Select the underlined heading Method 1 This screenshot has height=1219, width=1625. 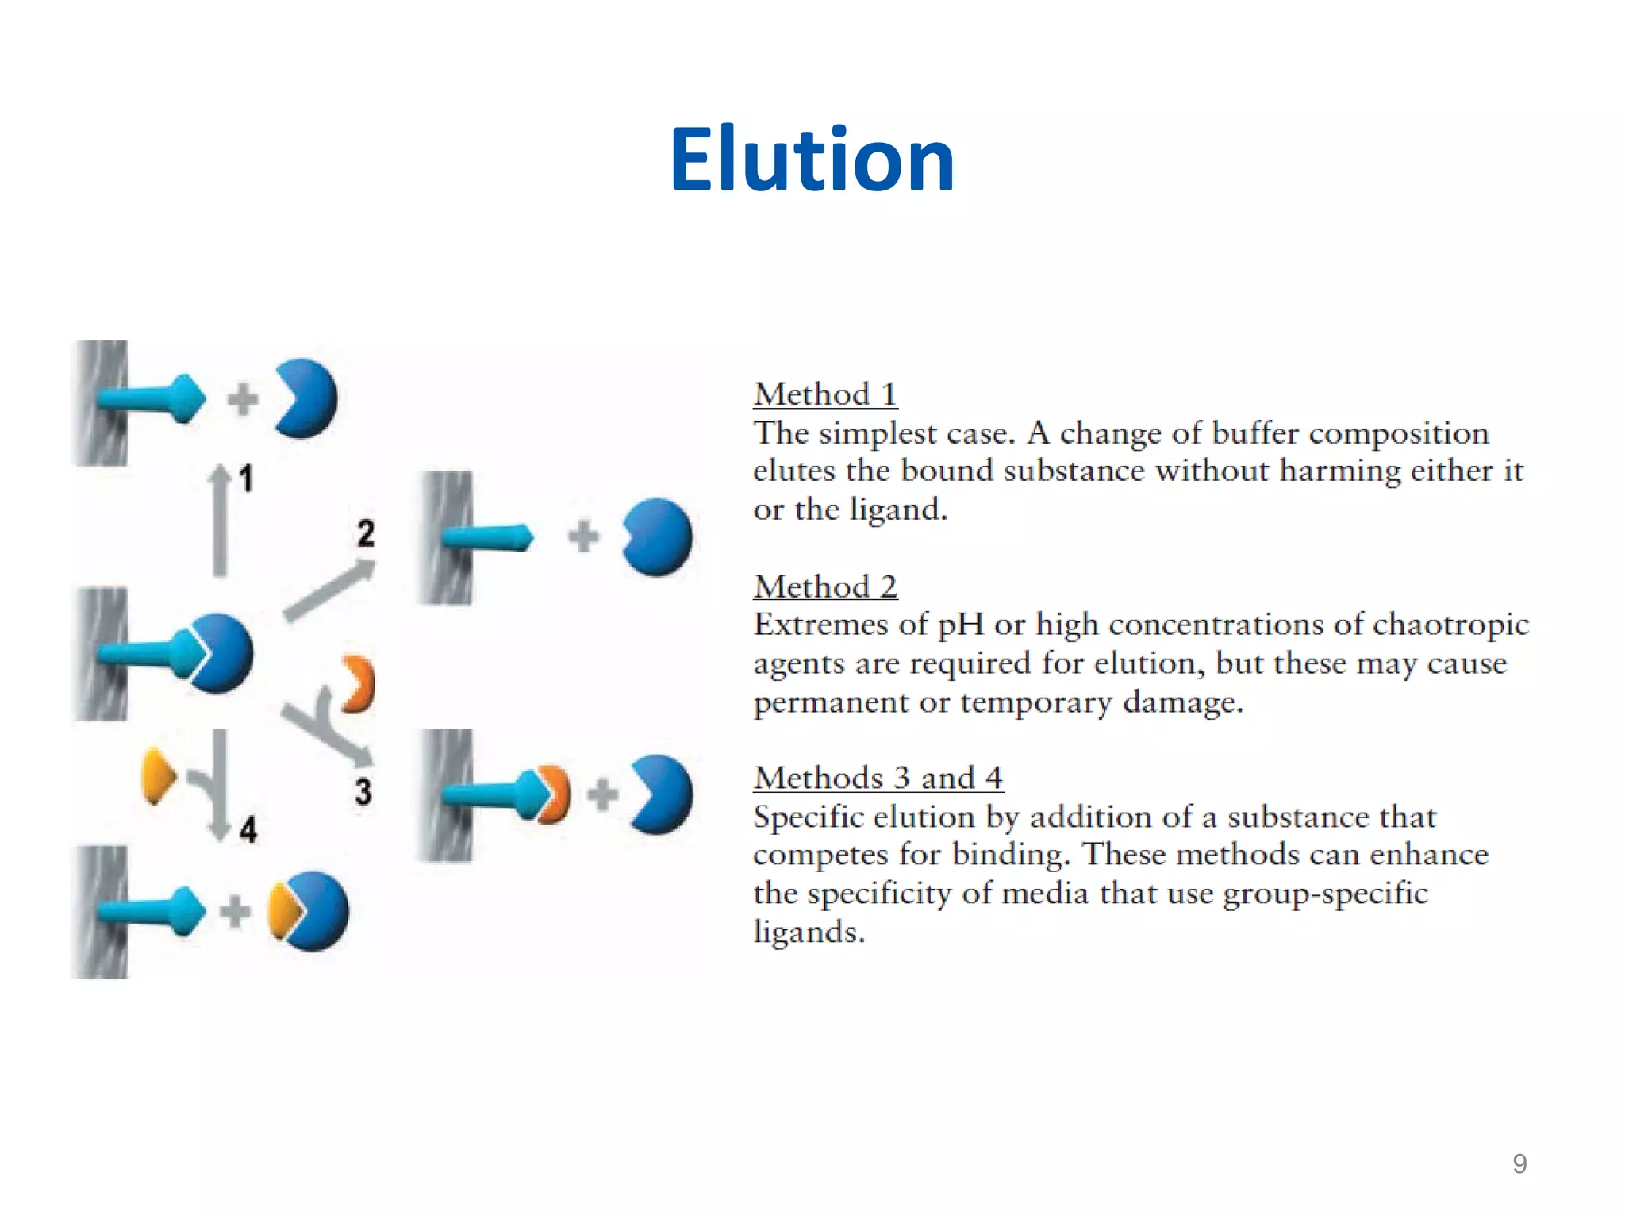coord(825,394)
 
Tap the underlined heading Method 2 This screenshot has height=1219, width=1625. coord(825,586)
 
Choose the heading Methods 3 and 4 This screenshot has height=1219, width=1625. coord(878,778)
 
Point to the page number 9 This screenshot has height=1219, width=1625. coord(1519,1163)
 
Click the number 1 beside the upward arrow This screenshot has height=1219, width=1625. coord(247,479)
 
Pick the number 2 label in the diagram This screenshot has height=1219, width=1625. coord(366,533)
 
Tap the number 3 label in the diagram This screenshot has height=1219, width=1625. coord(363,791)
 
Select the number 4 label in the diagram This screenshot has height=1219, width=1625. coord(248,830)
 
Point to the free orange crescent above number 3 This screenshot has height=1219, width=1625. coord(359,684)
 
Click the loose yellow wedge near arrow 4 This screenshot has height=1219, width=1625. coord(157,776)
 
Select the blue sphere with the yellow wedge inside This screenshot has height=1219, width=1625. coord(309,911)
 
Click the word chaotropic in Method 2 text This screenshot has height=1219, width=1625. coord(1450,625)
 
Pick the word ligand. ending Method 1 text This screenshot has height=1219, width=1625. coord(898,510)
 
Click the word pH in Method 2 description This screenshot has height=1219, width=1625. coord(961,625)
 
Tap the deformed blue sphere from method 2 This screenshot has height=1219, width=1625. coord(657,537)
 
